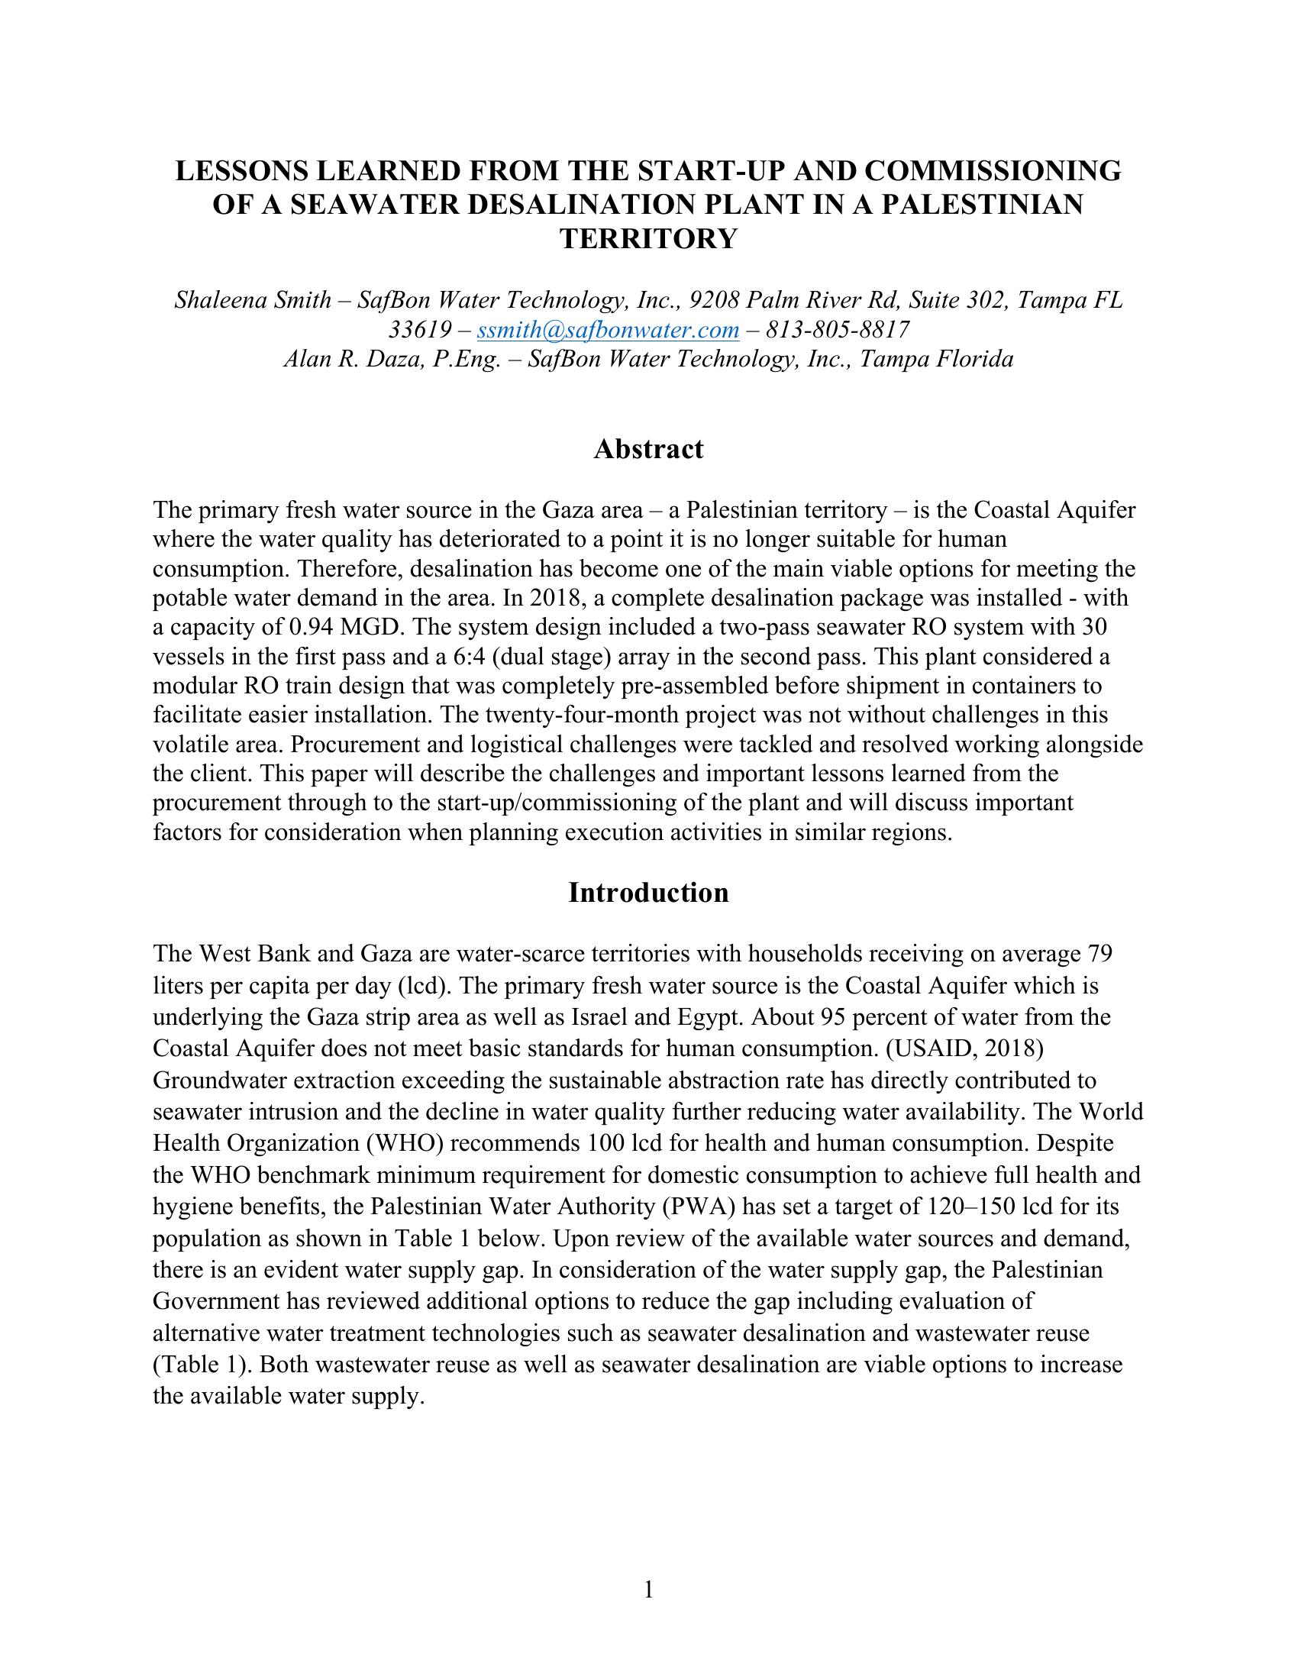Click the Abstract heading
tap(648, 449)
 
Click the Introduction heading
tap(648, 892)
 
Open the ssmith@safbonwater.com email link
tap(608, 330)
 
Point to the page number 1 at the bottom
tap(648, 1590)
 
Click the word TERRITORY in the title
tap(648, 239)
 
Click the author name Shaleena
tap(213, 300)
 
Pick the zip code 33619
tap(419, 330)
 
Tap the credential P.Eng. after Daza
tap(463, 359)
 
